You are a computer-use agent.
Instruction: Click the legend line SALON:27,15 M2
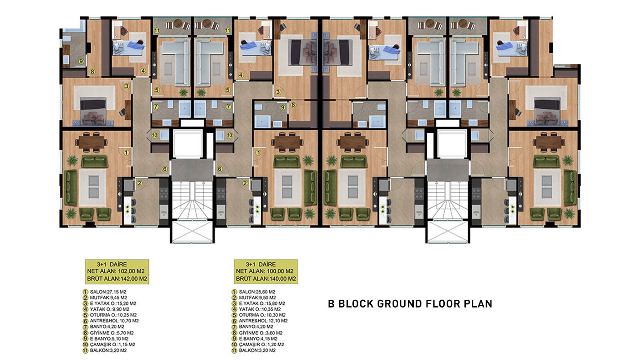coord(108,292)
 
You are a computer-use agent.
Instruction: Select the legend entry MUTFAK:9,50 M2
coord(257,297)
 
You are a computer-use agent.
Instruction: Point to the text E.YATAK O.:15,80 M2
coord(262,303)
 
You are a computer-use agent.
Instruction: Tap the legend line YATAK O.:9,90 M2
coord(110,309)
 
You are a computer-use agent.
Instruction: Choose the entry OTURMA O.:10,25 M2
coord(113,315)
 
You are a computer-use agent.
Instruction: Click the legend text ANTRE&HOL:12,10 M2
coord(263,321)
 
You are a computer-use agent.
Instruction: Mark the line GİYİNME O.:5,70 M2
coord(112,333)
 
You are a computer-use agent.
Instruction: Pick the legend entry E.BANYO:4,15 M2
coord(258,339)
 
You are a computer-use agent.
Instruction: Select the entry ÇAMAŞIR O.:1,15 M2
coord(112,344)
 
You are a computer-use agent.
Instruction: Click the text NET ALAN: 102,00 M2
coord(116,271)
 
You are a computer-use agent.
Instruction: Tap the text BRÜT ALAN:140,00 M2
coord(266,279)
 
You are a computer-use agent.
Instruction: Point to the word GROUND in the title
coord(400,304)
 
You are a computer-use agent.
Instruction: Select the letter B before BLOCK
coord(331,304)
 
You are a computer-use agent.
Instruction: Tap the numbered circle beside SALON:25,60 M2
coord(234,292)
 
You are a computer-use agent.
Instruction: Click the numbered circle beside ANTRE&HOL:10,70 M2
coord(85,321)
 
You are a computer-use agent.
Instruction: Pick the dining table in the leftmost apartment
coord(91,142)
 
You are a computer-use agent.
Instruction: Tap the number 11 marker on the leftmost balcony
coord(157,31)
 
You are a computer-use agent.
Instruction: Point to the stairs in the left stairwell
coord(192,200)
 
